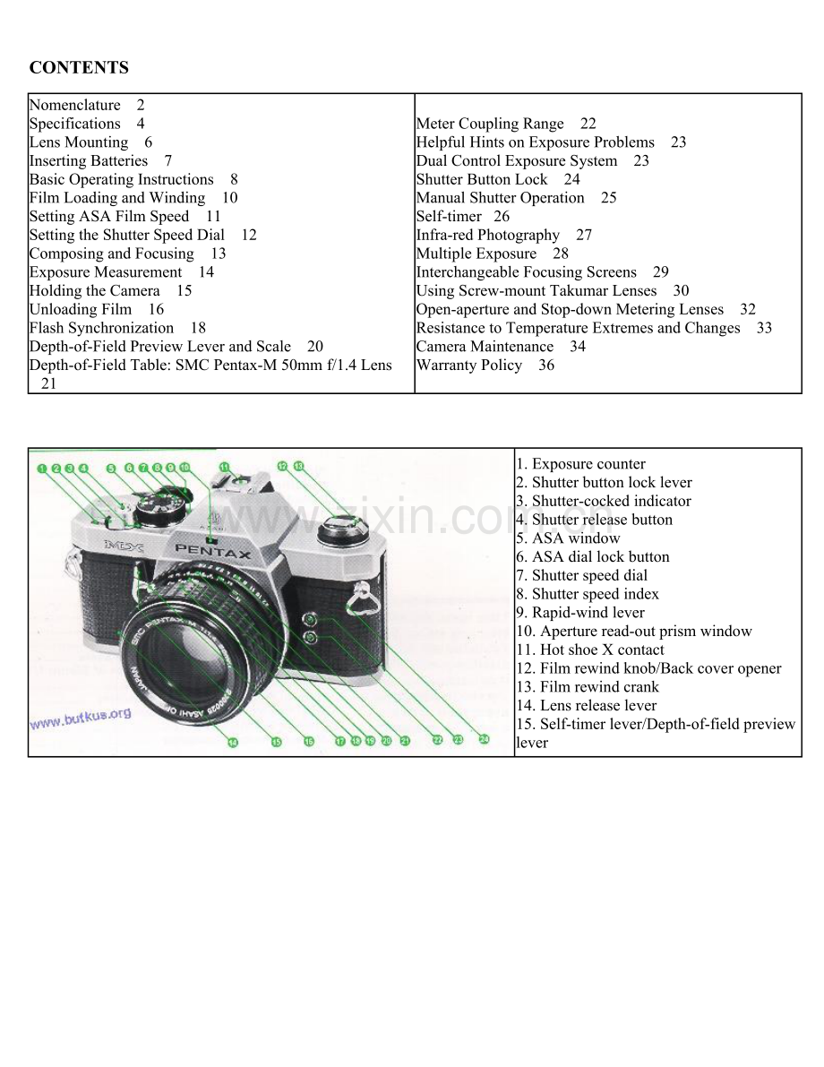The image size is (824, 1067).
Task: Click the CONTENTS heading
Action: tap(79, 68)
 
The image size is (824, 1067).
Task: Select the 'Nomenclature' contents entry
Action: tap(74, 105)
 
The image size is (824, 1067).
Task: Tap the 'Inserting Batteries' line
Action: tap(88, 161)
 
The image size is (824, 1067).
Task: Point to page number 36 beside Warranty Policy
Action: tap(545, 366)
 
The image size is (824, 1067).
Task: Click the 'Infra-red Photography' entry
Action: tap(488, 236)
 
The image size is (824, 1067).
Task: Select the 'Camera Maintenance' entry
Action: tap(485, 347)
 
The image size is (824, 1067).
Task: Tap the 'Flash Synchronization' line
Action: tap(101, 328)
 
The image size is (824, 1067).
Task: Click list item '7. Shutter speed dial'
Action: tap(581, 575)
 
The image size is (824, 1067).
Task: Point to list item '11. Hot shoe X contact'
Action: tap(590, 650)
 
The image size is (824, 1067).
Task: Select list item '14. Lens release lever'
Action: tap(586, 705)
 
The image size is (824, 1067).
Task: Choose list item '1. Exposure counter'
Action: tap(580, 464)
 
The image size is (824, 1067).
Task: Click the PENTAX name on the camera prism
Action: tap(213, 550)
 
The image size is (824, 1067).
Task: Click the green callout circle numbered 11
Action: tap(224, 467)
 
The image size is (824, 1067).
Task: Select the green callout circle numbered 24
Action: tap(484, 740)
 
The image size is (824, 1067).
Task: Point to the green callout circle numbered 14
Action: tap(233, 742)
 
